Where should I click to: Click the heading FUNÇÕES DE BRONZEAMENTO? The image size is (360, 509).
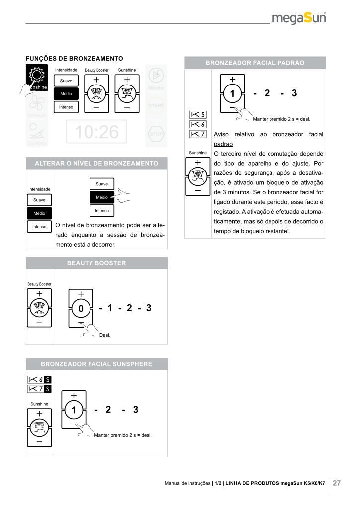(x=74, y=58)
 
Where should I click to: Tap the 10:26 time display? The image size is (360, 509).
(x=96, y=132)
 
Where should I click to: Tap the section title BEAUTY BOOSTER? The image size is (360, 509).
(x=96, y=263)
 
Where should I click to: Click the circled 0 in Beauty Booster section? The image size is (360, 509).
(x=81, y=309)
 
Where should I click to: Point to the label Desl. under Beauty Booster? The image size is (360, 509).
(x=105, y=335)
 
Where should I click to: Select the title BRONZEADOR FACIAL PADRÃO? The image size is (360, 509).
(x=255, y=63)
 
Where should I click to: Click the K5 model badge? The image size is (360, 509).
(x=198, y=114)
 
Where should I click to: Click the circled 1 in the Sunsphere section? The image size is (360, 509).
(x=74, y=410)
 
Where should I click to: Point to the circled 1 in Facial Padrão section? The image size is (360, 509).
(x=232, y=93)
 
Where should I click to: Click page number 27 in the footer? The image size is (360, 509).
(x=337, y=483)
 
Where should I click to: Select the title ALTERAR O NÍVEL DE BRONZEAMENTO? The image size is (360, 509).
(x=96, y=163)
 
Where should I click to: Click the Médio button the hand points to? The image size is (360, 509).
(x=101, y=197)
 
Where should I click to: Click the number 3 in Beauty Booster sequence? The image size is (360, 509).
(x=148, y=308)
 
